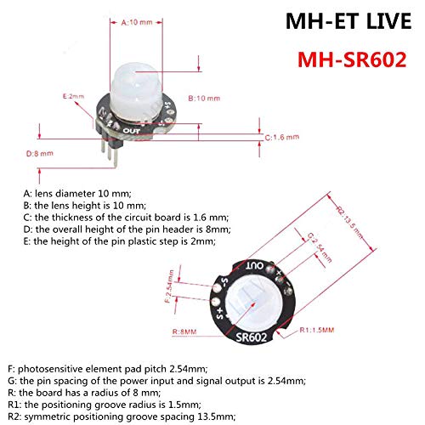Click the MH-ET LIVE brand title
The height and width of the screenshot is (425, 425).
pyautogui.click(x=348, y=21)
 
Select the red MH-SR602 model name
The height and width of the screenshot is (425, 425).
pyautogui.click(x=352, y=59)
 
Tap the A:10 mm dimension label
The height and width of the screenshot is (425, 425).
pyautogui.click(x=137, y=22)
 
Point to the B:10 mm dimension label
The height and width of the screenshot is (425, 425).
pyautogui.click(x=204, y=99)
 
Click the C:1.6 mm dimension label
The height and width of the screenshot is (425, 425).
pyautogui.click(x=282, y=138)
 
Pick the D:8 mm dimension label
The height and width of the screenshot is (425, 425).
pyautogui.click(x=40, y=154)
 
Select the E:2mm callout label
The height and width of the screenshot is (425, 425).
pyautogui.click(x=73, y=96)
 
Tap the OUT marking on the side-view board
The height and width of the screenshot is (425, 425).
pyautogui.click(x=132, y=131)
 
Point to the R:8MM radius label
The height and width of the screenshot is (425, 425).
pyautogui.click(x=184, y=331)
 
